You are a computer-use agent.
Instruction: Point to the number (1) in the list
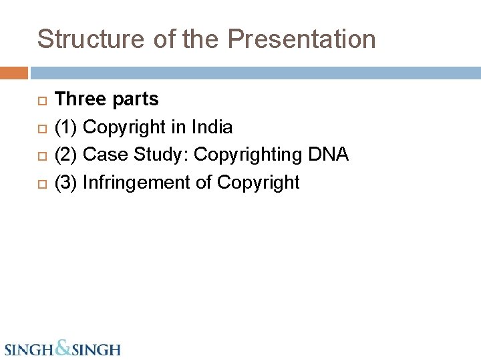tap(66, 127)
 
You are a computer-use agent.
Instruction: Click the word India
tap(212, 127)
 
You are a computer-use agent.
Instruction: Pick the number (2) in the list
tap(66, 155)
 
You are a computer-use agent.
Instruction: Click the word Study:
tap(160, 155)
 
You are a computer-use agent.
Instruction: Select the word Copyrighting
tap(249, 155)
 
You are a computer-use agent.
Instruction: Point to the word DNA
tap(328, 155)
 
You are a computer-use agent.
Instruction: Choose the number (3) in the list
tap(66, 183)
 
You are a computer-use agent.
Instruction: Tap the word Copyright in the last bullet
tap(259, 183)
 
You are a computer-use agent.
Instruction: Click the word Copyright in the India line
tap(124, 127)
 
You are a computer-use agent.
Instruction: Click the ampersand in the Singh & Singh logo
tap(62, 347)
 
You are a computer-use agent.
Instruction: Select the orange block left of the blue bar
tap(13, 72)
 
